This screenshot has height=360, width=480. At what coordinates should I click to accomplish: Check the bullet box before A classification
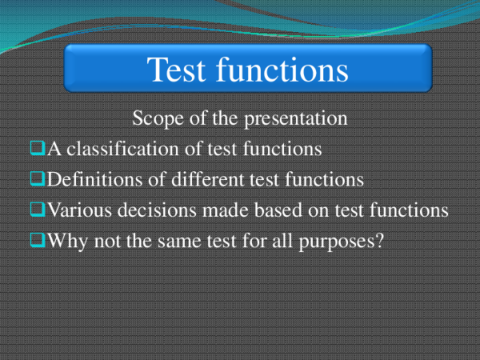[38, 148]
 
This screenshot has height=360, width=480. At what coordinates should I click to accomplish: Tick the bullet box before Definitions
[38, 178]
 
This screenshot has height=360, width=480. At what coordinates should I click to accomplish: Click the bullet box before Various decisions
[38, 209]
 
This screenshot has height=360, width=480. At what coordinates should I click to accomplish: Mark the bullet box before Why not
[38, 239]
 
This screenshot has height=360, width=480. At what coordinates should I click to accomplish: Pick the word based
[271, 210]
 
